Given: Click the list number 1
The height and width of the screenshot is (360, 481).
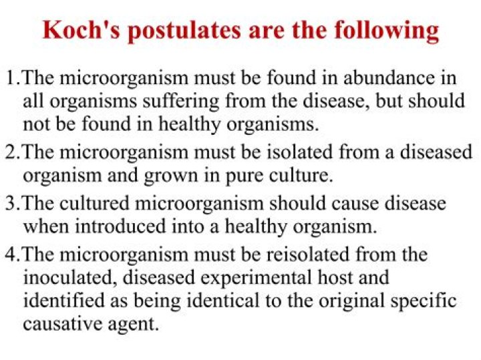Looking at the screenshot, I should (10, 79).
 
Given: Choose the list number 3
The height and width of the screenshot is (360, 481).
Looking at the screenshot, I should (10, 204).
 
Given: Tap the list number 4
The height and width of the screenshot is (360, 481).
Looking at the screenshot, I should (10, 254).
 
